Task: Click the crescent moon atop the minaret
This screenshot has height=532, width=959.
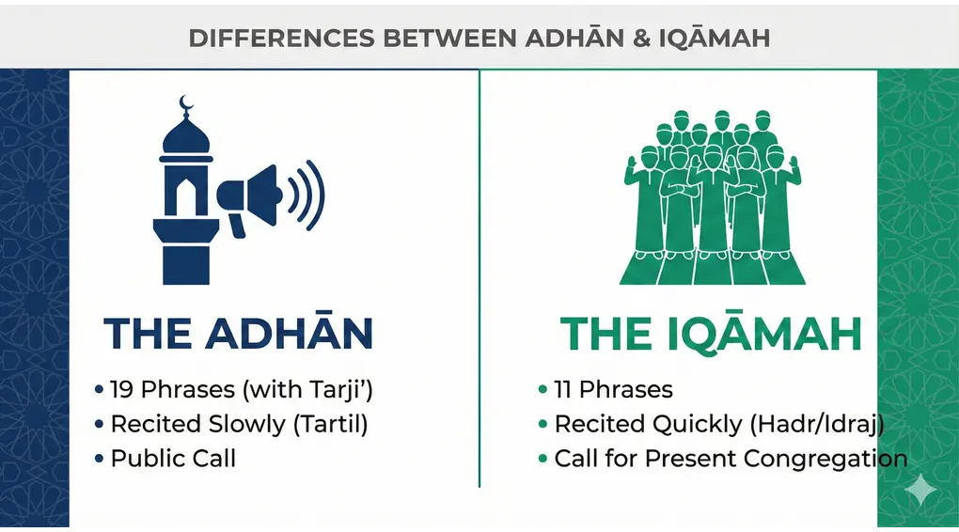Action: pyautogui.click(x=185, y=102)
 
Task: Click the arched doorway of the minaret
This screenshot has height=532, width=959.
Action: pyautogui.click(x=186, y=196)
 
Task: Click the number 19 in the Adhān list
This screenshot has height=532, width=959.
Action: pyautogui.click(x=123, y=389)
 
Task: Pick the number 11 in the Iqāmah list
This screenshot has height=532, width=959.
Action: pyautogui.click(x=563, y=389)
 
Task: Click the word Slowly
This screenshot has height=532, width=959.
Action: pyautogui.click(x=240, y=424)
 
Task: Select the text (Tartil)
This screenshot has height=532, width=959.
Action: pyautogui.click(x=330, y=424)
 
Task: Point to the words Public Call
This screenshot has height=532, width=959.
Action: pyautogui.click(x=173, y=459)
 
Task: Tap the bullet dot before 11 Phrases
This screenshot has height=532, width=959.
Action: pyautogui.click(x=542, y=389)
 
